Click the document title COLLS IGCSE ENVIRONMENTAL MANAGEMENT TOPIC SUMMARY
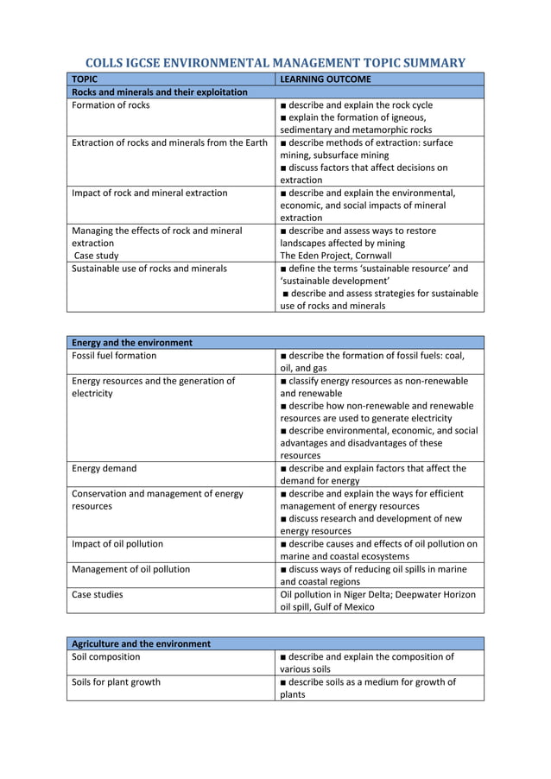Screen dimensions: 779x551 275,62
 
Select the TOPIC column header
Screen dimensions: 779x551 85,79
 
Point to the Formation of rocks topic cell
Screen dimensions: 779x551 111,105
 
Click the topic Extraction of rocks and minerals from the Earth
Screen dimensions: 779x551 170,142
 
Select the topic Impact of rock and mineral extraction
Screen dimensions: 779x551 149,193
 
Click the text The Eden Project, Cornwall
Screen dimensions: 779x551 335,256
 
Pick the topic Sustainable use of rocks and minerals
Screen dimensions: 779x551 149,269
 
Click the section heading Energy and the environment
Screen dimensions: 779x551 132,343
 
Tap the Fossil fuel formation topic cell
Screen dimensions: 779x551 114,355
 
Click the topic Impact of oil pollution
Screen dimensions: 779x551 117,544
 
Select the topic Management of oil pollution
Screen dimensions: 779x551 130,569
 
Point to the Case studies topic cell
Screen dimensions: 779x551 98,594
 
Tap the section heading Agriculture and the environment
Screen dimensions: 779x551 141,643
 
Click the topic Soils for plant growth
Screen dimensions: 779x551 116,681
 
